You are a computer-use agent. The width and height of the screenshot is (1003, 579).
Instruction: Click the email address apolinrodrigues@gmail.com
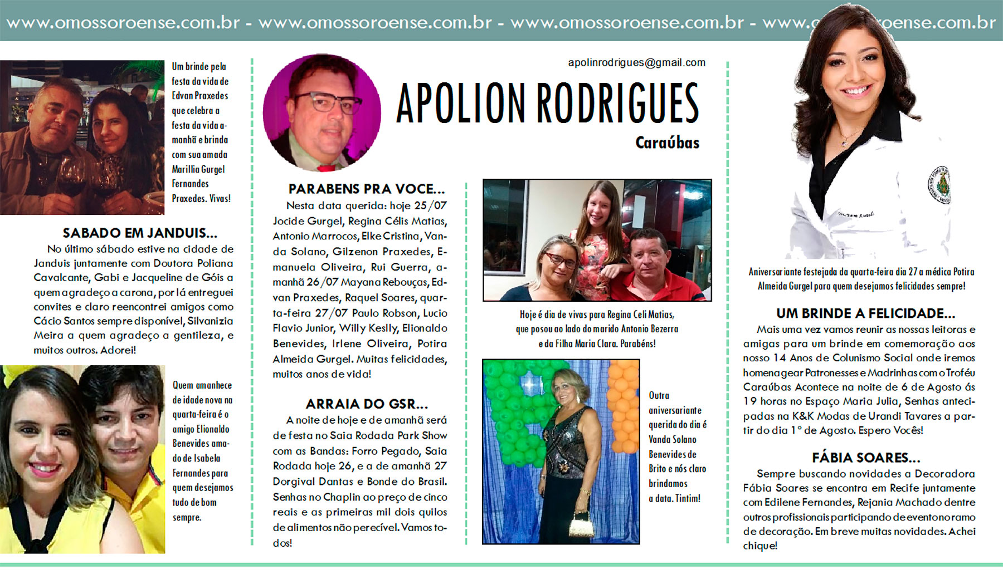pos(636,63)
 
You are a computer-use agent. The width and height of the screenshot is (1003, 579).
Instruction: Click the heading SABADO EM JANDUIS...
pos(139,233)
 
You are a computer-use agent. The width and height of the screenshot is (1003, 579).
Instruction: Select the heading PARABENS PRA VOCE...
pos(366,189)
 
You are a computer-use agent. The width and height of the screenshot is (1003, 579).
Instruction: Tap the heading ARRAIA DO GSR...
pos(366,404)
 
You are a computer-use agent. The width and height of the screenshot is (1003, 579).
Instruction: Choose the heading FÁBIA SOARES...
pos(865,458)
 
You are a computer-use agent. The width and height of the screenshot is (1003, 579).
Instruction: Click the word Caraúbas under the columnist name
pos(667,143)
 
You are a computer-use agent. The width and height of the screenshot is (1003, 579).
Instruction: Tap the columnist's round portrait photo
pos(322,112)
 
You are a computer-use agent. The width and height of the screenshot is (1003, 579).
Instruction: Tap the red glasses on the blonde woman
pos(559,260)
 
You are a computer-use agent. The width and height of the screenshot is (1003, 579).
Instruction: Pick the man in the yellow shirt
pos(125,462)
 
